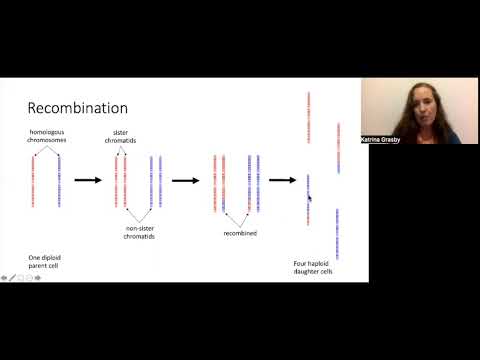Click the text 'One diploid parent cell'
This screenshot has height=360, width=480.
pos(45,262)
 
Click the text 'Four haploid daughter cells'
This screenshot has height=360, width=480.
pos(311,266)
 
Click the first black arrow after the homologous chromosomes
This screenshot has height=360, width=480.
pos(89,181)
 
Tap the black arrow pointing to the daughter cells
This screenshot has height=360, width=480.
pos(282,181)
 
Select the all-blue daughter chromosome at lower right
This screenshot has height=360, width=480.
pos(338,233)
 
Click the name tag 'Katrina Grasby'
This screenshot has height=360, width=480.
pos(379,140)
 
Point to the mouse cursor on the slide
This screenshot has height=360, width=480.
pos(309,198)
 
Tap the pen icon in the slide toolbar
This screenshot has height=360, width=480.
pos(12,277)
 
